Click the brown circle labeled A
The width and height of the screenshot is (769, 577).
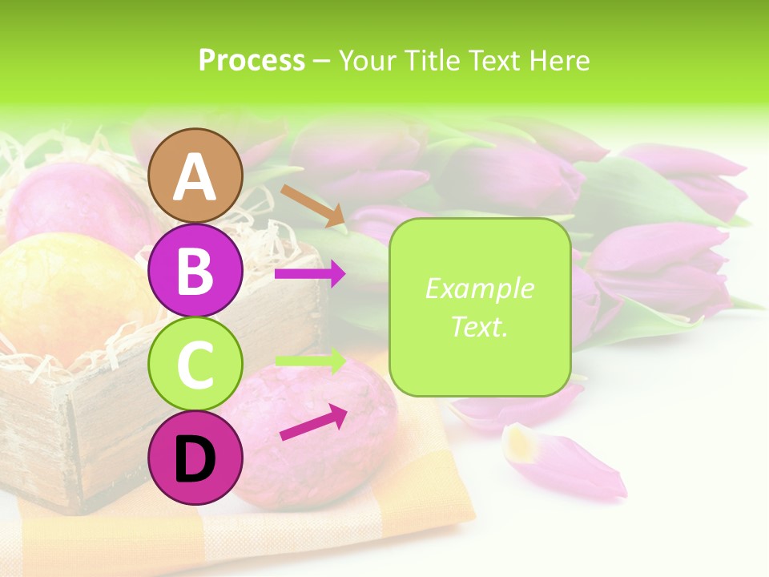[x=195, y=176]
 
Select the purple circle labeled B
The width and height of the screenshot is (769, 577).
[x=195, y=270]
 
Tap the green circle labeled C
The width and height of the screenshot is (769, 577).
[x=195, y=364]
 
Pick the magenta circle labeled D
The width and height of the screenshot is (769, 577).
[x=195, y=458]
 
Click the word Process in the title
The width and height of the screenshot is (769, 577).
[x=252, y=60]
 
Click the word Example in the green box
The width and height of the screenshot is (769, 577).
[x=479, y=288]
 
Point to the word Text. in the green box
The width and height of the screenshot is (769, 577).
[x=479, y=326]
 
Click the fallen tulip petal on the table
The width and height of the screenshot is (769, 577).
[x=565, y=462]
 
